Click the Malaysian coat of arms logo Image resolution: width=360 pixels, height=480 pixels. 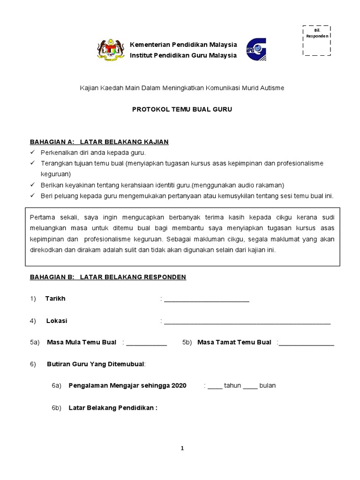111,50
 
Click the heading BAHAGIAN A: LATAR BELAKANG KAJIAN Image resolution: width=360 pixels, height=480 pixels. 99,142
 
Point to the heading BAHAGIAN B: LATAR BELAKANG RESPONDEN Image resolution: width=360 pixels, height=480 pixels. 108,277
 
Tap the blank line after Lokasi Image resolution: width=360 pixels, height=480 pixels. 247,322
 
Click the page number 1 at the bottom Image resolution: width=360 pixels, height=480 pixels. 182,448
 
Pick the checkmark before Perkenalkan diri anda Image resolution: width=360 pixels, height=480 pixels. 32,153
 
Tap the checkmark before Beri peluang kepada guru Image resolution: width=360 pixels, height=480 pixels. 32,195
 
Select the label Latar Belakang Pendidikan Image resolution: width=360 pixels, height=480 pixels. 113,408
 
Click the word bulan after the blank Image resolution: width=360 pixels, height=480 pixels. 268,386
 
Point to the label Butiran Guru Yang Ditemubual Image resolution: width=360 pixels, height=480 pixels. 96,364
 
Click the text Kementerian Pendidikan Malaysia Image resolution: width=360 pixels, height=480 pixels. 183,45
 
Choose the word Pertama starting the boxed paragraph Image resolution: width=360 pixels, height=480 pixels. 42,217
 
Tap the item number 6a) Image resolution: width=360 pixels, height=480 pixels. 57,386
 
